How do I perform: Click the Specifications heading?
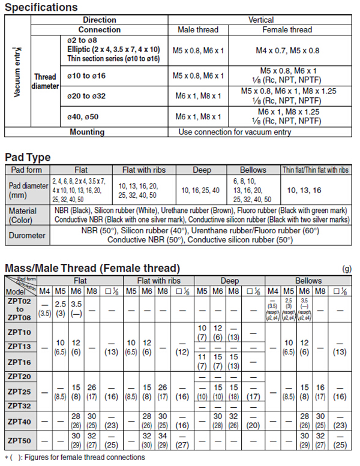point(41,7)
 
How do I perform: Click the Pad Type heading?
point(28,157)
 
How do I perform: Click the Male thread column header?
point(198,29)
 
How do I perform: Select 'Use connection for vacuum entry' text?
point(235,132)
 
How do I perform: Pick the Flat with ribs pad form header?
point(148,170)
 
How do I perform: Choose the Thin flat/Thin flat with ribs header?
point(316,170)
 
